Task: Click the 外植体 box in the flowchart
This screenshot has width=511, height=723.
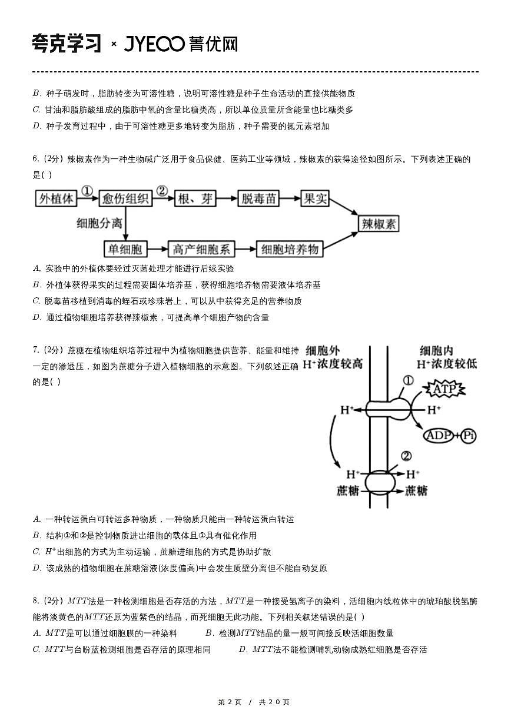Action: point(57,199)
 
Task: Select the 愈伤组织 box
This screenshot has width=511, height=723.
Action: point(125,199)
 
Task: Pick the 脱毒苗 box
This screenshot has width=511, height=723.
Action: point(259,199)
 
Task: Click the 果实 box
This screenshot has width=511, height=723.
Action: point(314,199)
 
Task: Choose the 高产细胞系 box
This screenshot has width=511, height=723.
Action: point(202,249)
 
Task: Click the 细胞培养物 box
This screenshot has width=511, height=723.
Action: point(290,249)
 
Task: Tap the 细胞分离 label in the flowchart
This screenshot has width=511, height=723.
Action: point(99,223)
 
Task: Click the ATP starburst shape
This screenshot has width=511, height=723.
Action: point(445,389)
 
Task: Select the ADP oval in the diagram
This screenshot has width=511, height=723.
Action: point(439,436)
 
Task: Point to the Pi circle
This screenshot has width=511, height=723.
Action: point(469,436)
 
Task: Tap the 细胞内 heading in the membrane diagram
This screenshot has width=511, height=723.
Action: point(436,351)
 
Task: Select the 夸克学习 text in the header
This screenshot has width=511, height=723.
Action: point(67,44)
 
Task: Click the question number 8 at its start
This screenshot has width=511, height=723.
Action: point(36,601)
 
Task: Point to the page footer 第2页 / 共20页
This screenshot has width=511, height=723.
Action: point(254,702)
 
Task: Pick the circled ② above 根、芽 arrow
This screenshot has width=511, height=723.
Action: point(162,191)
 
